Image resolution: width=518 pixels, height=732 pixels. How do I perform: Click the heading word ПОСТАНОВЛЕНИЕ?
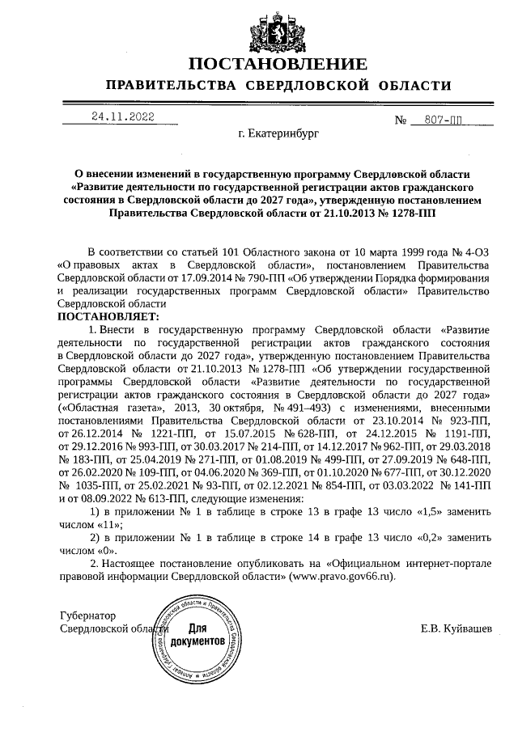278,64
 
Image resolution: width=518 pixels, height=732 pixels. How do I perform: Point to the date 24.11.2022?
123,116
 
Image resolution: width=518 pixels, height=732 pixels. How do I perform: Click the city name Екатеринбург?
279,130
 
